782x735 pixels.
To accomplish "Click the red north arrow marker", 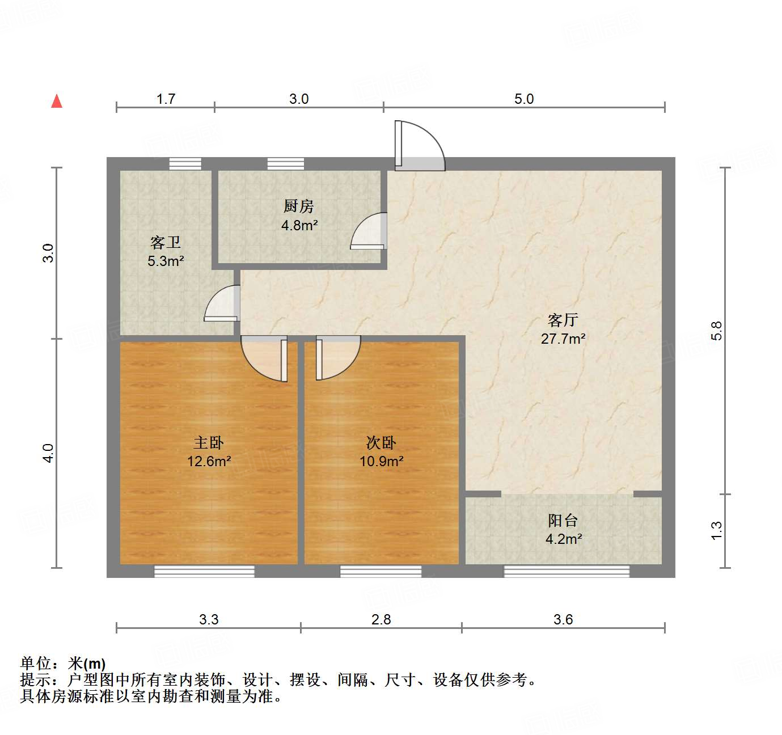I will click(x=57, y=101).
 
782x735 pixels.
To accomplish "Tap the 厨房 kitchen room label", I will click(x=299, y=206).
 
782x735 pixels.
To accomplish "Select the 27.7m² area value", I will click(x=563, y=339).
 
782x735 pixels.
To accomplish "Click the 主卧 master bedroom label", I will click(x=209, y=442).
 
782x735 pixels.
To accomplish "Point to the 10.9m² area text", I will click(x=381, y=461).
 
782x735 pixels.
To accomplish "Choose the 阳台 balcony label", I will click(x=563, y=520).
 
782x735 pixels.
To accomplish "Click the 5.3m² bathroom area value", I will click(x=166, y=261).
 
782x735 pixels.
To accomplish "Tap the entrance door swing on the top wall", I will click(x=420, y=145).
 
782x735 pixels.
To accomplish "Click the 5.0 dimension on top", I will click(x=524, y=99).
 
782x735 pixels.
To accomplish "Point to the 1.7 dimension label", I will click(x=166, y=99).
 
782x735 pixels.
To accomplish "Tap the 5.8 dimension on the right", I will click(x=717, y=331).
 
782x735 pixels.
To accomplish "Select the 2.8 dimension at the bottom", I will click(x=381, y=619).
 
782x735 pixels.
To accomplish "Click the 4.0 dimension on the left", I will click(x=49, y=453).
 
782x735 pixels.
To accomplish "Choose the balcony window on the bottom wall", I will click(x=567, y=571).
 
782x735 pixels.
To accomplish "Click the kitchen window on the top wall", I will click(x=285, y=164).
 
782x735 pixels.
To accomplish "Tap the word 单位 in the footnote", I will click(x=36, y=663).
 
